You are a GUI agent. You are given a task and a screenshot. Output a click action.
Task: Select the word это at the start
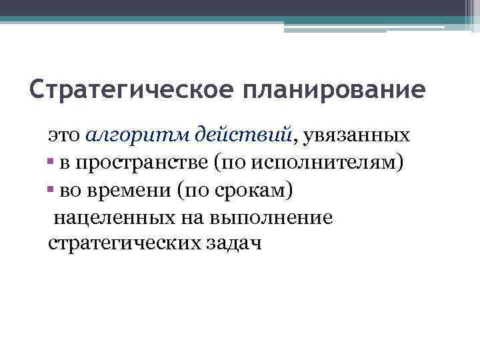pos(65,136)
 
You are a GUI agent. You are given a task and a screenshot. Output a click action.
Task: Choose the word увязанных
pos(356,136)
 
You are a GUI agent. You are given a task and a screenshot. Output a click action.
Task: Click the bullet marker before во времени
pos(51,191)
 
